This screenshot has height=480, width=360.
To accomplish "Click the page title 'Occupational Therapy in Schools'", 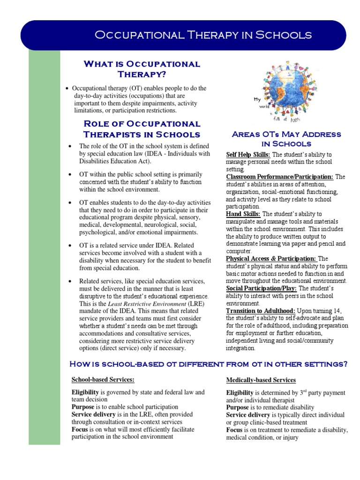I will click(x=202, y=35).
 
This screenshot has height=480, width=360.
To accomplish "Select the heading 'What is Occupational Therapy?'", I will click(x=142, y=69).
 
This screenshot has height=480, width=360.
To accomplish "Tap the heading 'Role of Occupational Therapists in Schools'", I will click(x=142, y=129).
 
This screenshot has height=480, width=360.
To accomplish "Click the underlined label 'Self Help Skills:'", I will click(x=248, y=154).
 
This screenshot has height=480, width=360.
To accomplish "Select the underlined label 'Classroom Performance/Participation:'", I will click(x=280, y=177).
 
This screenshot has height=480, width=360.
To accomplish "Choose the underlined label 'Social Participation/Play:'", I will click(x=262, y=288).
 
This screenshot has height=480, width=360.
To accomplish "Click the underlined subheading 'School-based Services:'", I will click(x=103, y=379).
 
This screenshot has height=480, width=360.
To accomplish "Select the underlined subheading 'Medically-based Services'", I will click(x=261, y=380).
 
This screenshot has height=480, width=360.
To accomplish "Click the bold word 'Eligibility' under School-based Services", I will click(x=85, y=392).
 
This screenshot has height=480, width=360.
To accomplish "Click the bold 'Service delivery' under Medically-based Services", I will click(x=248, y=415).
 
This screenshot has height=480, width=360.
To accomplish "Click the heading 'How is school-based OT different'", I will click(x=208, y=364).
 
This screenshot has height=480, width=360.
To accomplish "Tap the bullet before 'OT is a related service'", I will click(x=70, y=246).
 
